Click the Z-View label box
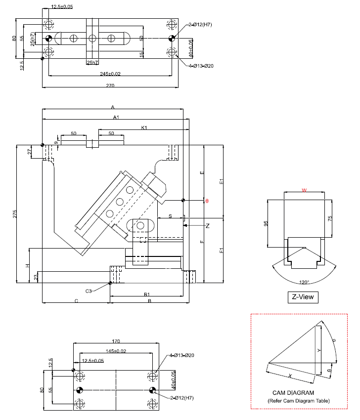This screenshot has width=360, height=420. click(302, 297)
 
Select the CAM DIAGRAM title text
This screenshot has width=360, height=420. click(293, 393)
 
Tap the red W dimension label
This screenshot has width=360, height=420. click(304, 189)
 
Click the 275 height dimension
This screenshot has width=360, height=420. click(15, 214)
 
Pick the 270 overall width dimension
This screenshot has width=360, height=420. click(110, 85)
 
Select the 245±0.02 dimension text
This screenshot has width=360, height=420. click(110, 74)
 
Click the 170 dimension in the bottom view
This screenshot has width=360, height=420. click(116, 340)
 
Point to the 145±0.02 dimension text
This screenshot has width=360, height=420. click(116, 351)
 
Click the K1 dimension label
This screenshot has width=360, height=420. click(144, 128)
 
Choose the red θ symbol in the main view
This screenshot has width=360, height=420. click(207, 201)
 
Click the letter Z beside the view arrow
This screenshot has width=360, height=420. click(208, 225)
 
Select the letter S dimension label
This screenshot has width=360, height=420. click(170, 216)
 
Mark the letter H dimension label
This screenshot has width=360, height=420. click(27, 266)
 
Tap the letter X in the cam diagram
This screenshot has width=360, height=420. click(290, 376)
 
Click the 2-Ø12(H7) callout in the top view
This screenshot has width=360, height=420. click(200, 25)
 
